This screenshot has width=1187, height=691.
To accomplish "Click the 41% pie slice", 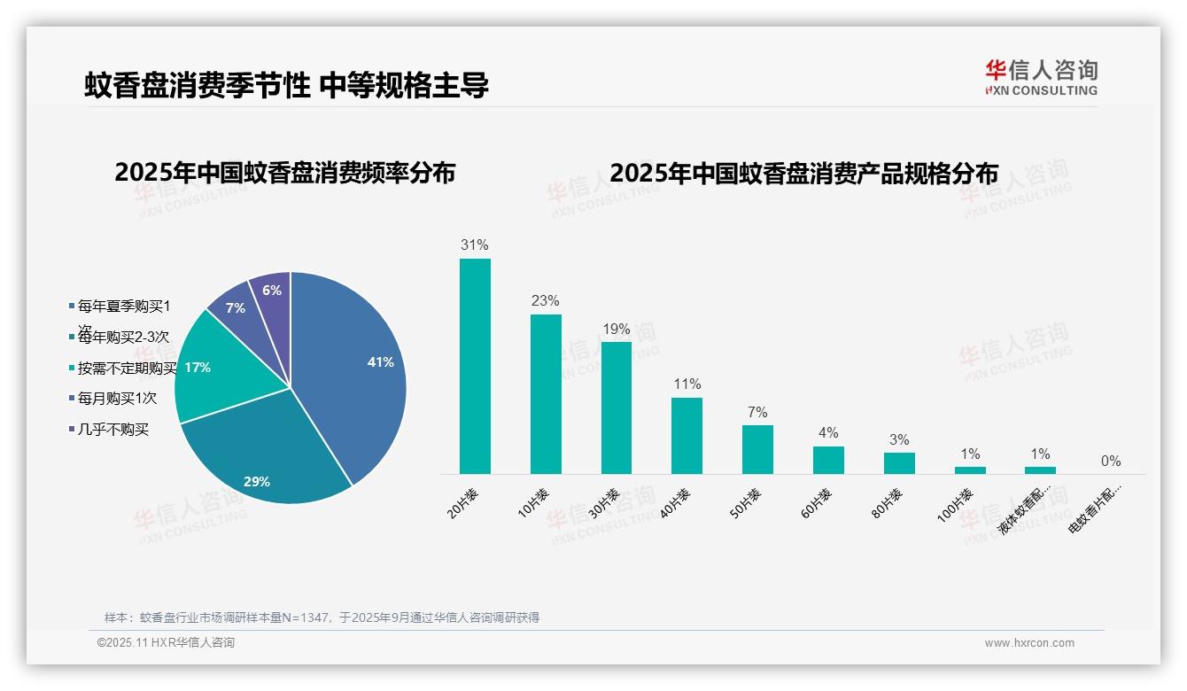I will [354, 363].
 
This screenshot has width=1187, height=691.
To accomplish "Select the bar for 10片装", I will [546, 394].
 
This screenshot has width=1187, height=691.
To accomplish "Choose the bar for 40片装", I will [687, 435].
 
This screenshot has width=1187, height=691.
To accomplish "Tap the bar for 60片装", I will [828, 460].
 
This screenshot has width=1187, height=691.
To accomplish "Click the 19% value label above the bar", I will [616, 329].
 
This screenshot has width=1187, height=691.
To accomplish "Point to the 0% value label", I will [1111, 461].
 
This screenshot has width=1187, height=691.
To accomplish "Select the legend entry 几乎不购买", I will [112, 430].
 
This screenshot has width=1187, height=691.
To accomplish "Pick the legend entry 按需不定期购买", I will [126, 368].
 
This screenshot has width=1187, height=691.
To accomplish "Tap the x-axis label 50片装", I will [746, 503].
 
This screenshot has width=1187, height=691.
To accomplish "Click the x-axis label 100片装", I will [956, 505].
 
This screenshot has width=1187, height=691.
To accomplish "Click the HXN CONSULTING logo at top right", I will [1041, 77].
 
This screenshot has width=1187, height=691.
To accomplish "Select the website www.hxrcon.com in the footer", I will [1029, 643].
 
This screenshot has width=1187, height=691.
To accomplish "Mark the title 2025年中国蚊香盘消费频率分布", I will [284, 173].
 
